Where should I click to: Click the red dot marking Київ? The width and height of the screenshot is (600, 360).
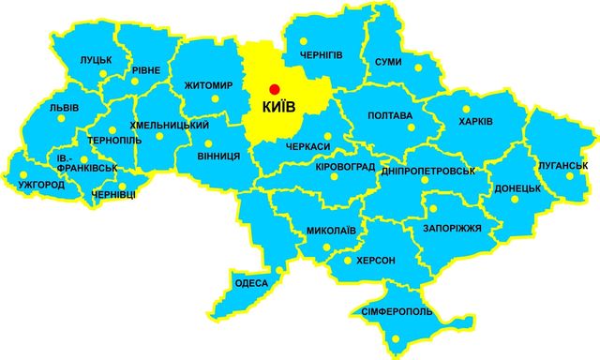274,88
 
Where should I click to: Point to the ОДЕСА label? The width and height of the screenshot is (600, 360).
253,283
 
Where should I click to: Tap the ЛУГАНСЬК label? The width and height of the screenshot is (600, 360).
562,165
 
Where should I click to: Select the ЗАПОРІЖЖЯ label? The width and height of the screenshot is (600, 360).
445,228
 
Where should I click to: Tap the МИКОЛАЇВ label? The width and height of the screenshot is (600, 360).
331,229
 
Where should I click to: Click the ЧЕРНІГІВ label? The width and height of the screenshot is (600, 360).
322,55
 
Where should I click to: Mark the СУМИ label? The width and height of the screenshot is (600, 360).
388,62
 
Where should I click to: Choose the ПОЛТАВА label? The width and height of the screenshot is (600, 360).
391,116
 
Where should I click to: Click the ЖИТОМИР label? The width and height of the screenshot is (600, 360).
209,85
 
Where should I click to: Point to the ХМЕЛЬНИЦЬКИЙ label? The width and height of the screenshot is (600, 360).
170,124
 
